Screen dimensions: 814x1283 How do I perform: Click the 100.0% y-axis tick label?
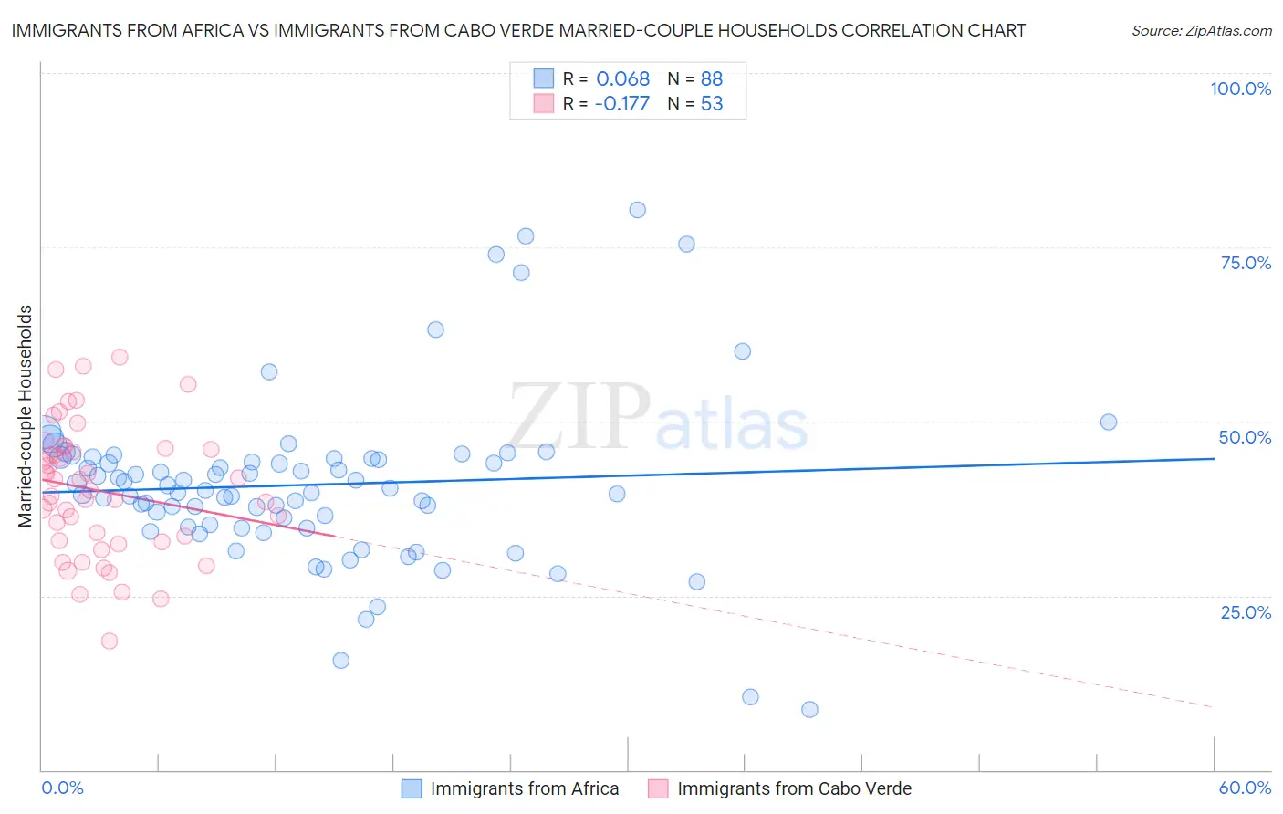click(x=1240, y=89)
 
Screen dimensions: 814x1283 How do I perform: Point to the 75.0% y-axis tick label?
click(x=1246, y=263)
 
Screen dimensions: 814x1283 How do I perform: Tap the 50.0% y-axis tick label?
click(x=1245, y=437)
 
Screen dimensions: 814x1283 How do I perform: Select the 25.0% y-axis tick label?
click(x=1246, y=611)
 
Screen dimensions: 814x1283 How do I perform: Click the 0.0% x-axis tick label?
click(x=62, y=788)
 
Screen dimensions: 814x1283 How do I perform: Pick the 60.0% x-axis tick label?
click(x=1245, y=788)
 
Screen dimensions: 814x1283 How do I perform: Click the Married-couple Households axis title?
click(x=26, y=415)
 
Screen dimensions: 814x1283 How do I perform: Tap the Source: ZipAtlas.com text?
click(x=1201, y=30)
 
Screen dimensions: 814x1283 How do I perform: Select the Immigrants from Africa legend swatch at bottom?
click(x=412, y=788)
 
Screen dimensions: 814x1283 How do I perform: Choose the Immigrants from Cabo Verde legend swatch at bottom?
click(x=658, y=788)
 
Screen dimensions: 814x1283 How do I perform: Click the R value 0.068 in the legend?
click(x=622, y=78)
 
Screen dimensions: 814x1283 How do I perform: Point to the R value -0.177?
click(x=621, y=104)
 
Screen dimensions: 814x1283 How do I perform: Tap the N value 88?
click(x=712, y=78)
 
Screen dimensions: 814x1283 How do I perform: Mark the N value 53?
click(x=712, y=104)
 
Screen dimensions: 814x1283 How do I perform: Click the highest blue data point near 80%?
click(x=637, y=210)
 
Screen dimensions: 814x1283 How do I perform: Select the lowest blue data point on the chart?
click(x=809, y=709)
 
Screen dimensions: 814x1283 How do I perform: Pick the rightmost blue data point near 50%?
click(x=1109, y=422)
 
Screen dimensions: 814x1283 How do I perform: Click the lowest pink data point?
click(x=110, y=641)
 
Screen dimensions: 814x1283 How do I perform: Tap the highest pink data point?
click(x=120, y=357)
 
